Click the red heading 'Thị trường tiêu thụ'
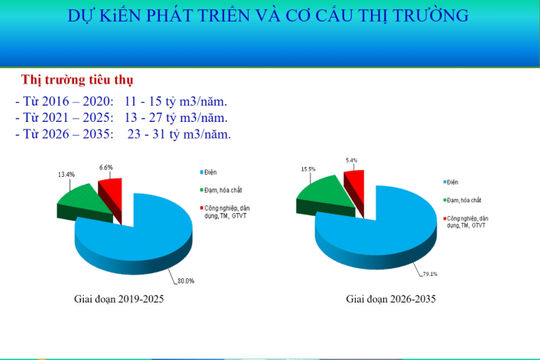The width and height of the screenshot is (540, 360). [81, 79]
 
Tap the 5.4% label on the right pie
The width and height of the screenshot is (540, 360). [351, 159]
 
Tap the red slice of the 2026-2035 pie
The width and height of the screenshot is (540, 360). [353, 181]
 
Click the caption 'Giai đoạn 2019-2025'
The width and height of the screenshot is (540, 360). [117, 299]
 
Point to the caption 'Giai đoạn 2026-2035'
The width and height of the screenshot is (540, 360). [390, 299]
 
